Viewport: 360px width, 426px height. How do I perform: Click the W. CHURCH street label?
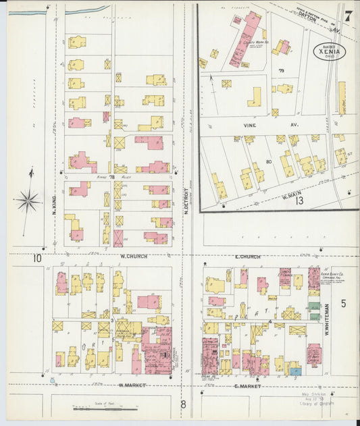click(x=134, y=257)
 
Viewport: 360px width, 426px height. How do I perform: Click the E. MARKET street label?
click(x=247, y=385)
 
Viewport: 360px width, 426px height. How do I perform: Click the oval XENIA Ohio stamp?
click(x=330, y=51)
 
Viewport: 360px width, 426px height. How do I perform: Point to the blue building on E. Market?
click(x=294, y=370)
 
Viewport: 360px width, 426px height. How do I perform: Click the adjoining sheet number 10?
click(x=38, y=258)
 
